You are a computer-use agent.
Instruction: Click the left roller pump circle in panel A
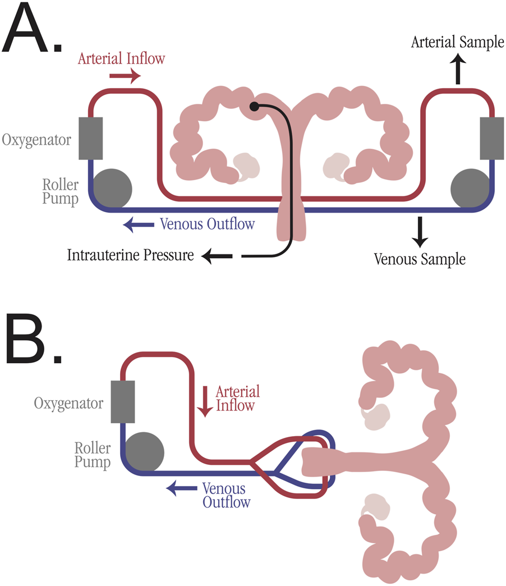112,188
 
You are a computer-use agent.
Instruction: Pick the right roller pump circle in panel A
470,188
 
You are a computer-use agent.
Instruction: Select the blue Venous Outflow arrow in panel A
137,225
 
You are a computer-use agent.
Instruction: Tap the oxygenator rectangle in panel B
123,401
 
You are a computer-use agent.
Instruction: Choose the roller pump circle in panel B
144,451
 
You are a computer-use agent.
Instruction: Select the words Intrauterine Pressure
130,257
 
